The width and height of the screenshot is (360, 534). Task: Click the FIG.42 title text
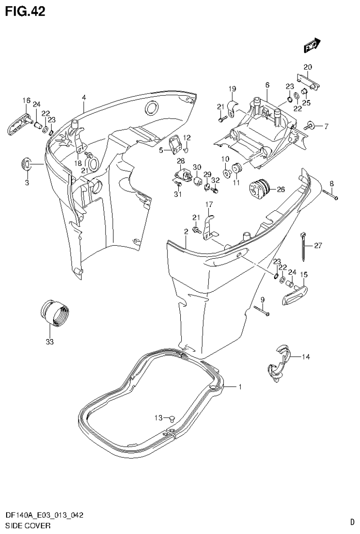[25, 11]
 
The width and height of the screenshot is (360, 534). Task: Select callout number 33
[50, 342]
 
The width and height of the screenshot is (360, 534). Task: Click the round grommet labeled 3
[27, 164]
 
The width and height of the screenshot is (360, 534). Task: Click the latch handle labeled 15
[294, 293]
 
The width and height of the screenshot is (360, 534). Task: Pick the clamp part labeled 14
[278, 362]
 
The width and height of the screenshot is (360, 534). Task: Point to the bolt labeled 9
[261, 311]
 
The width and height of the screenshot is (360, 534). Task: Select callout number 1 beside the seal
[240, 387]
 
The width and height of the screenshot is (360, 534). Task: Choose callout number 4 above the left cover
[84, 97]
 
